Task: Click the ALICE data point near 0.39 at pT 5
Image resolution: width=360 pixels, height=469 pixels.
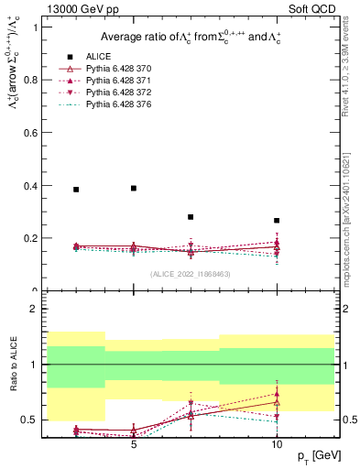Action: coord(134,188)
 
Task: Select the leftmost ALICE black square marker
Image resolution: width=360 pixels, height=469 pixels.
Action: coord(76,190)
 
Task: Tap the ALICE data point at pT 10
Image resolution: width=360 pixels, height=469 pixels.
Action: coord(277,221)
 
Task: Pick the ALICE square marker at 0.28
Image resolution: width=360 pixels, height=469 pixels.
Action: coord(191,217)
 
